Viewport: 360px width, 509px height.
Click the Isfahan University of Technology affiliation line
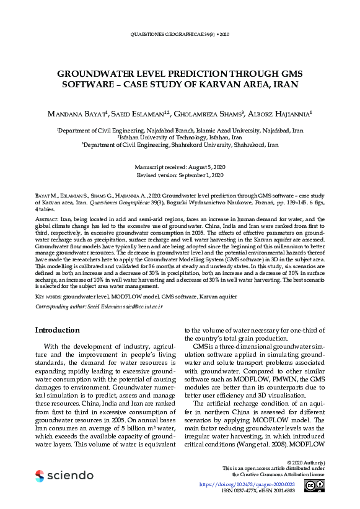(180, 137)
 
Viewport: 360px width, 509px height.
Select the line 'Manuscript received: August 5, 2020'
(180, 168)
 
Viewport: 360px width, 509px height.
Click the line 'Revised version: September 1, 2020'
(180, 175)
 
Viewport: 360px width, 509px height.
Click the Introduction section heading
(57, 330)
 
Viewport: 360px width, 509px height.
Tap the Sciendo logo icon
(40, 476)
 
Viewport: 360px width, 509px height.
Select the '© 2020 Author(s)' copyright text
(303, 462)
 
